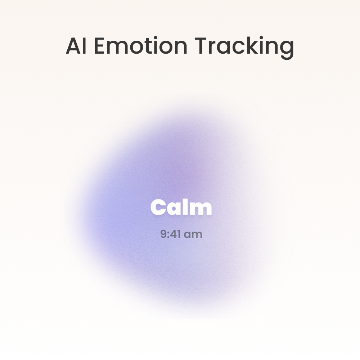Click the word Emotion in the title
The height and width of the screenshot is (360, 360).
(141, 46)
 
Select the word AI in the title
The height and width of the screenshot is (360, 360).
(76, 46)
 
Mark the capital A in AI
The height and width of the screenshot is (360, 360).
(73, 46)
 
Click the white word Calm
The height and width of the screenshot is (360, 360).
(181, 207)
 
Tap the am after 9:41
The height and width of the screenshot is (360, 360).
(193, 235)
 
